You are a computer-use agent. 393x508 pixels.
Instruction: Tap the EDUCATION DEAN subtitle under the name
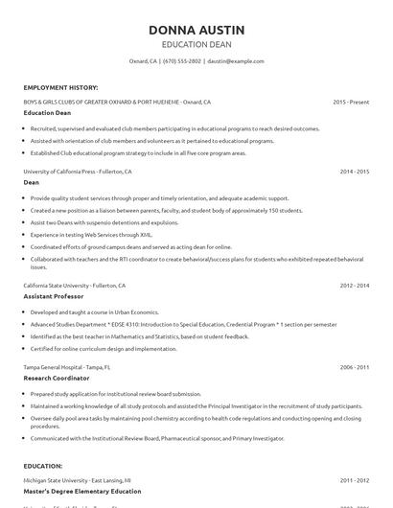[x=196, y=44]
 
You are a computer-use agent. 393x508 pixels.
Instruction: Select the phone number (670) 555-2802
[x=182, y=60]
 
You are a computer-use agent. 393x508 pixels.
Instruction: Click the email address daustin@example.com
[x=236, y=60]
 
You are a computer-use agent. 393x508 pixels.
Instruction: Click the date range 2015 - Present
[x=351, y=101]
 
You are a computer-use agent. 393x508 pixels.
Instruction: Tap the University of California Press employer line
[x=78, y=172]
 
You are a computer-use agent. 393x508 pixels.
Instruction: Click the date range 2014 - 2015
[x=354, y=172]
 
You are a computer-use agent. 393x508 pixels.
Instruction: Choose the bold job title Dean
[x=32, y=182]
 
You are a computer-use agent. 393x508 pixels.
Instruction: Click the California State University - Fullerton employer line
[x=76, y=286]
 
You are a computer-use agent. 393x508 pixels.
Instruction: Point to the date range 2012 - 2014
[x=354, y=286]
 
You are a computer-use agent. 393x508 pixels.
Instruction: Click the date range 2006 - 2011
[x=354, y=366]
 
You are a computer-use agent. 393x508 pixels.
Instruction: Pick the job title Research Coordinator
[x=57, y=378]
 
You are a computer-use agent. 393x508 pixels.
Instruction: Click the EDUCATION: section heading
[x=43, y=466]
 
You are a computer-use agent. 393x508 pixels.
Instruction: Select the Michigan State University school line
[x=77, y=479]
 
